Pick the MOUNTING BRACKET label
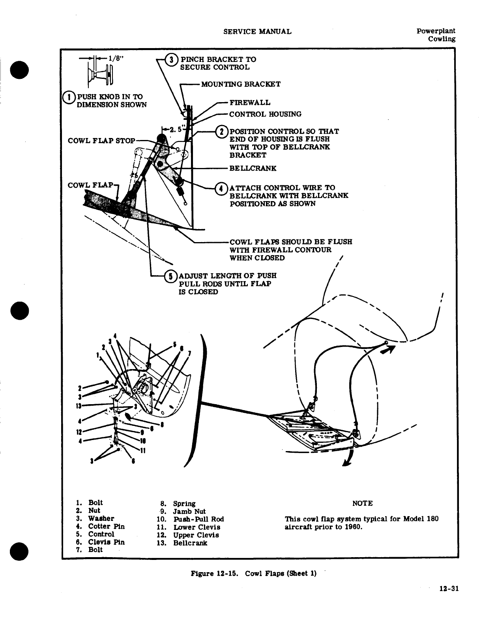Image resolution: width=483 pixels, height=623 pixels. (x=241, y=84)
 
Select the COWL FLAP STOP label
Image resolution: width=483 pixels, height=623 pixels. (x=101, y=141)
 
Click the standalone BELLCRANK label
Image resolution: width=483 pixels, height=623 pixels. (x=253, y=168)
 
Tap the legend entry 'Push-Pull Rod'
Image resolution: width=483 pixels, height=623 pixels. (x=198, y=519)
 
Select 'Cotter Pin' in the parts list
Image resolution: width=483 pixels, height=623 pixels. (x=106, y=526)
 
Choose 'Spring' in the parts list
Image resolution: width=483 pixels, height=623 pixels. (x=184, y=504)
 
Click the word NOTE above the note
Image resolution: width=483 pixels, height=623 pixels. (x=362, y=504)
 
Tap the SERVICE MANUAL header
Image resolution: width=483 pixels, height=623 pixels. (x=257, y=32)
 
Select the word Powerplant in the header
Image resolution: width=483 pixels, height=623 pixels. (x=436, y=31)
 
